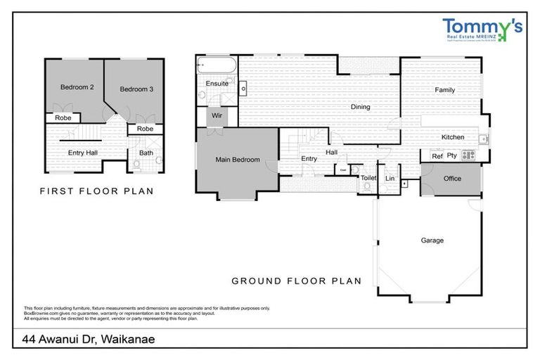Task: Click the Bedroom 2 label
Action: pyautogui.click(x=77, y=87)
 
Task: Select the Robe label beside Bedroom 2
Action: pyautogui.click(x=64, y=118)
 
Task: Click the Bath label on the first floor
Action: pyautogui.click(x=146, y=153)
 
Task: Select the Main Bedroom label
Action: pyautogui.click(x=237, y=160)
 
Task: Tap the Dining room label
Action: pyautogui.click(x=361, y=108)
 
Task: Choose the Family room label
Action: pyautogui.click(x=444, y=90)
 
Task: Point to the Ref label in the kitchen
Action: pyautogui.click(x=437, y=156)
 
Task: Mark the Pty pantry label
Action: pyautogui.click(x=452, y=156)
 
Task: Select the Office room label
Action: pyautogui.click(x=452, y=179)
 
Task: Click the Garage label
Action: pyautogui.click(x=432, y=240)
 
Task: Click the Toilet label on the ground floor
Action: pyautogui.click(x=368, y=179)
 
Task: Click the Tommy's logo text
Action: pyautogui.click(x=482, y=27)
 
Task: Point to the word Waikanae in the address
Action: pyautogui.click(x=127, y=340)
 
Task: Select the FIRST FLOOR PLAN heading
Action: pyautogui.click(x=96, y=191)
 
